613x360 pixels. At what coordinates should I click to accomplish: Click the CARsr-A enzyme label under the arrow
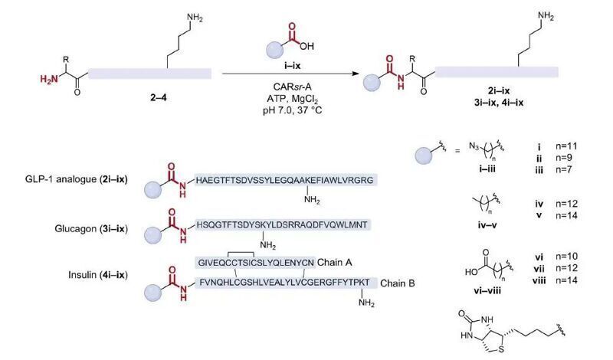(x=293, y=87)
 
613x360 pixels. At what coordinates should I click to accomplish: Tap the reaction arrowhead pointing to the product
(x=355, y=73)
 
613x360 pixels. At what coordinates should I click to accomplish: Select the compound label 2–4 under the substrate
(x=159, y=98)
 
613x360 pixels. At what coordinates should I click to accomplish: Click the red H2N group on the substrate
(x=49, y=80)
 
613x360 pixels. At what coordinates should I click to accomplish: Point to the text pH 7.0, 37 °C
(x=293, y=110)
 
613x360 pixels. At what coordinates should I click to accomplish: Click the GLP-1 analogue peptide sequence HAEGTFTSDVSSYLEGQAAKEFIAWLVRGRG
(x=284, y=180)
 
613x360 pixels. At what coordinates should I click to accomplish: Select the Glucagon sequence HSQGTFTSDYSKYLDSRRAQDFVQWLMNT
(x=282, y=224)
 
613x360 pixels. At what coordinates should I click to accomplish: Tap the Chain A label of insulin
(x=334, y=262)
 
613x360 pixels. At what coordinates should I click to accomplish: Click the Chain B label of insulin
(x=397, y=283)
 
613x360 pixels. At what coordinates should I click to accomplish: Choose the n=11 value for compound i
(x=566, y=146)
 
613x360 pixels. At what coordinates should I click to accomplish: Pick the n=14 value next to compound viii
(x=566, y=280)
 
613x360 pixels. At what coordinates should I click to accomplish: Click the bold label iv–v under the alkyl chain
(x=485, y=225)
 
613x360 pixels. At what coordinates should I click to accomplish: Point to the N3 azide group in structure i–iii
(x=474, y=146)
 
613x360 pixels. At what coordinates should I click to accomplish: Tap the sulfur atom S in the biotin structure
(x=502, y=349)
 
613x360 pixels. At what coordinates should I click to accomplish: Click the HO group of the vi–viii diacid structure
(x=471, y=271)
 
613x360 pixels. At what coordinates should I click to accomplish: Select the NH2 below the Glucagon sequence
(x=267, y=245)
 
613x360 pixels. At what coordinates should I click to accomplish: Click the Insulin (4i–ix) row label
(x=98, y=275)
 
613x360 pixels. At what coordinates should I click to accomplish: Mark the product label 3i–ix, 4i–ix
(x=499, y=103)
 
